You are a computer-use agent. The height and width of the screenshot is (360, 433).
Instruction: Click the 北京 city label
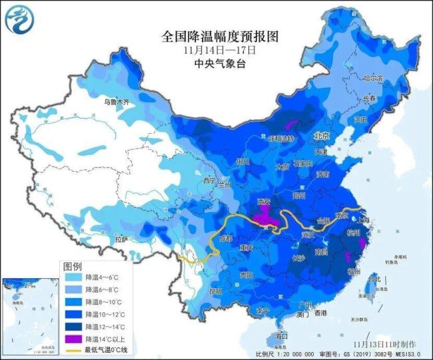coord(323,135)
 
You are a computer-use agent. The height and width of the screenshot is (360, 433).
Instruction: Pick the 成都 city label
coord(226,238)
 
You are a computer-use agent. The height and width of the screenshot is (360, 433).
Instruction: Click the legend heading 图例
coord(73,265)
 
